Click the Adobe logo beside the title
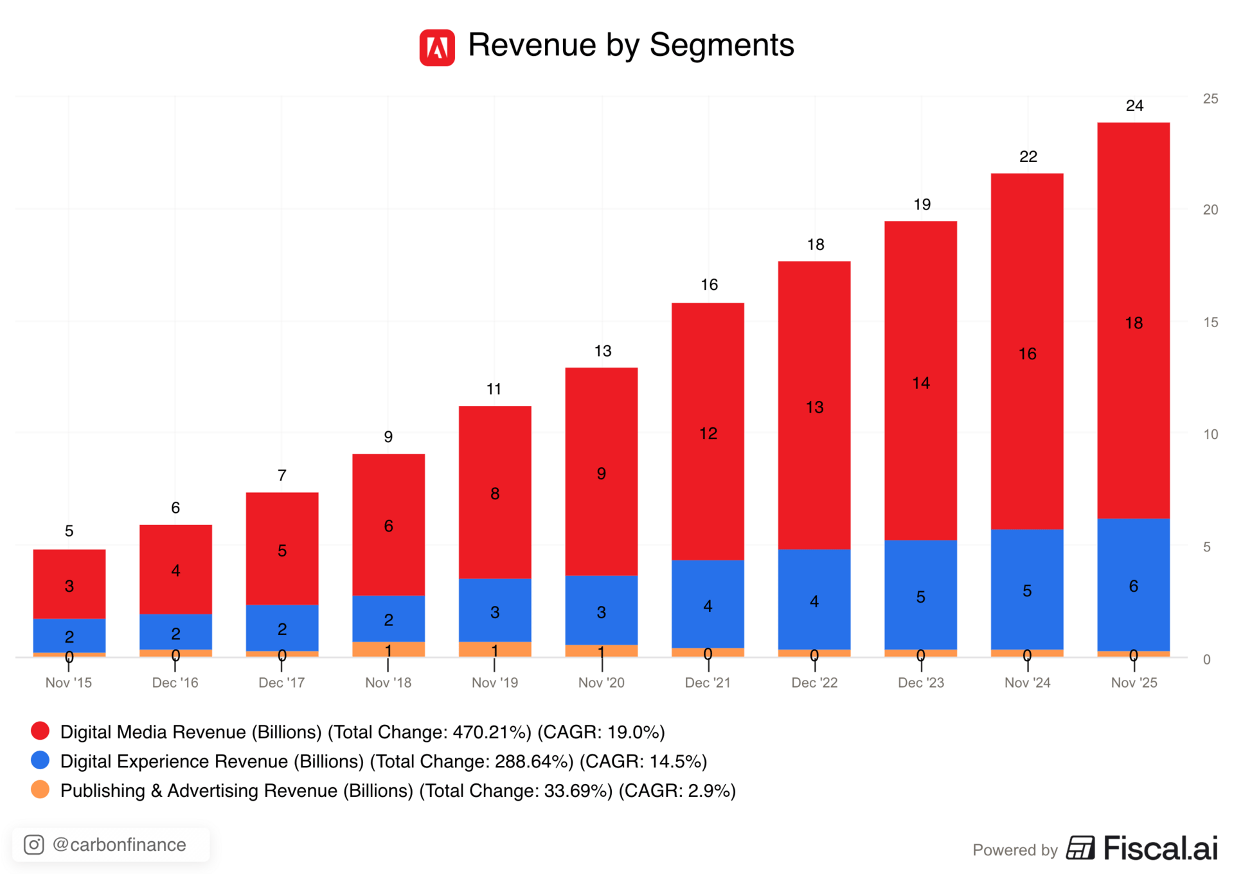pyautogui.click(x=437, y=48)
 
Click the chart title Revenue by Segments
pyautogui.click(x=630, y=46)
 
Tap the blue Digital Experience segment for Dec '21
pyautogui.click(x=708, y=604)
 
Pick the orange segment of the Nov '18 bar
pyautogui.click(x=388, y=649)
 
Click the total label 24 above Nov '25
pyautogui.click(x=1134, y=106)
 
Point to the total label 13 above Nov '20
pyautogui.click(x=602, y=352)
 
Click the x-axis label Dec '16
pyautogui.click(x=175, y=682)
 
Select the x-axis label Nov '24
pyautogui.click(x=1027, y=682)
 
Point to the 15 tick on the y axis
pyautogui.click(x=1210, y=323)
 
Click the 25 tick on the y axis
pyautogui.click(x=1210, y=99)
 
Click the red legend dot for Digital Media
pyautogui.click(x=40, y=731)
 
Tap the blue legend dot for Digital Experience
pyautogui.click(x=40, y=760)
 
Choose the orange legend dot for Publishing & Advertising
pyautogui.click(x=40, y=790)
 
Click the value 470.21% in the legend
pyautogui.click(x=492, y=732)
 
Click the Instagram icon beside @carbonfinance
pyautogui.click(x=34, y=844)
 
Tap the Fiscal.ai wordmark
pyautogui.click(x=1160, y=848)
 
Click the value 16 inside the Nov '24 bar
pyautogui.click(x=1027, y=354)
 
